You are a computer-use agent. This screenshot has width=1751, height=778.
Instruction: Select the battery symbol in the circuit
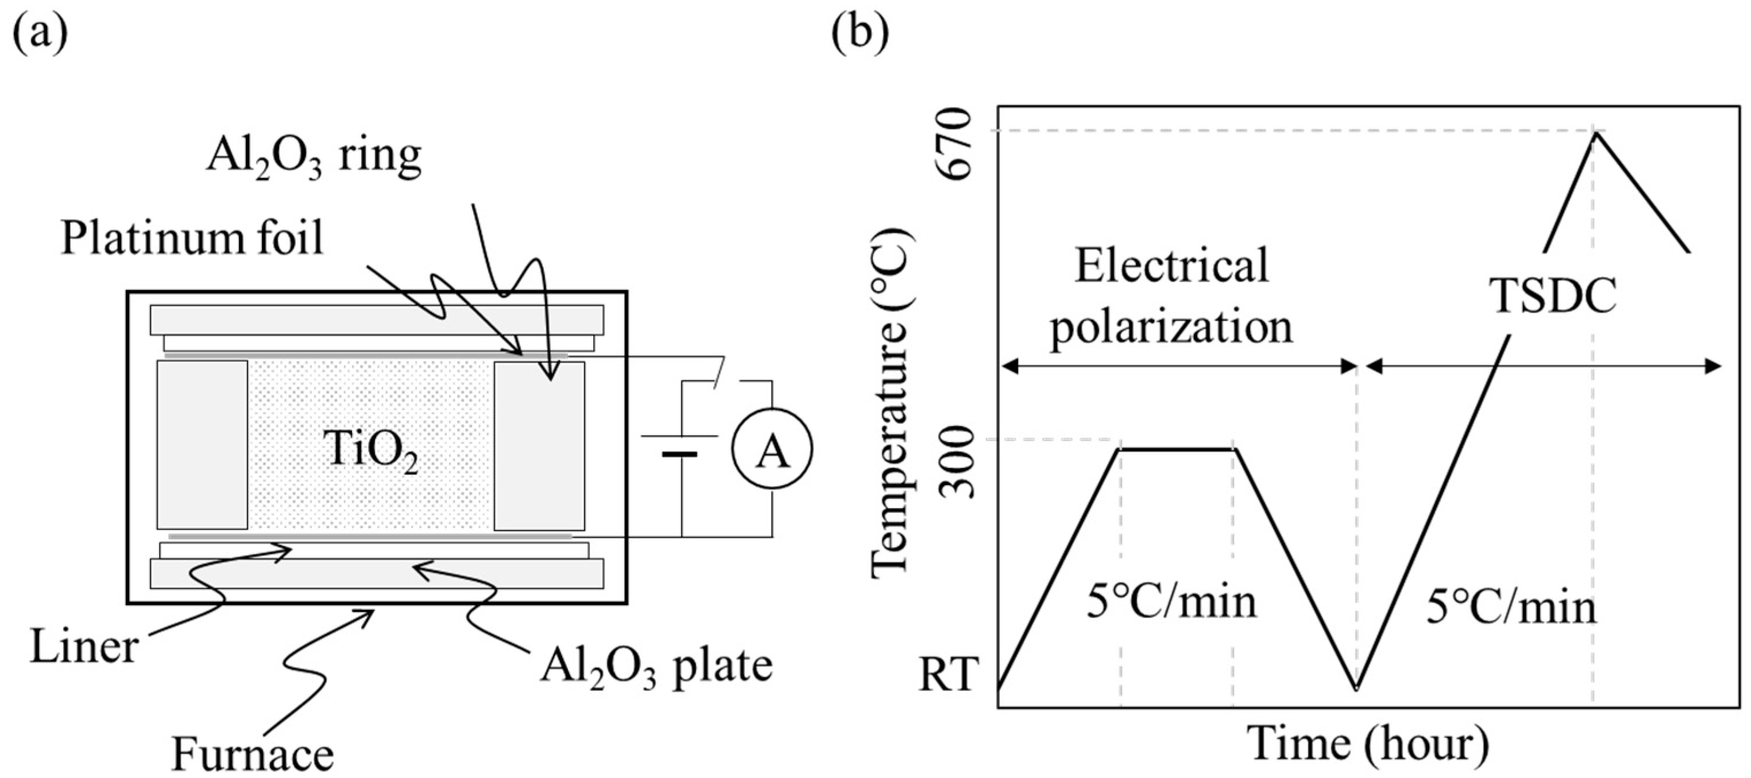point(680,445)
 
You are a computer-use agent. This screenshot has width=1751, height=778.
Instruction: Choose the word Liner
point(84,646)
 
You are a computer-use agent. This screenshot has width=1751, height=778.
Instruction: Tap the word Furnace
point(252,755)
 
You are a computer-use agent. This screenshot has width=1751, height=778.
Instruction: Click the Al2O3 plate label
point(657,667)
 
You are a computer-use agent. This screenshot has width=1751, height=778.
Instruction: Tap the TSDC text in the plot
point(1553,298)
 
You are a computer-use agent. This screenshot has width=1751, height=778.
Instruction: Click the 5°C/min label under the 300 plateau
point(1171,602)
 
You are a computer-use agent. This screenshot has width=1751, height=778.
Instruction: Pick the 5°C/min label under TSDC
point(1510,607)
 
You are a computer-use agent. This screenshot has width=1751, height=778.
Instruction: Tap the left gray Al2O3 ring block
point(203,445)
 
